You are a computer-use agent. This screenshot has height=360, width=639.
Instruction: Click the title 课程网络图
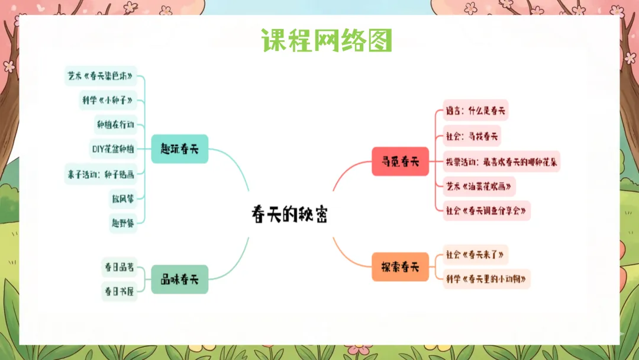pyautogui.click(x=327, y=40)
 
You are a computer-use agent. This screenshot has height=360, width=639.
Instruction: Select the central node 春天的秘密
pyautogui.click(x=289, y=214)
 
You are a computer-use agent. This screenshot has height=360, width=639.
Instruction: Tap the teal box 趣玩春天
pyautogui.click(x=179, y=149)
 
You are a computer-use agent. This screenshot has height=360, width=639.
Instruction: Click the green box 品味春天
pyautogui.click(x=179, y=279)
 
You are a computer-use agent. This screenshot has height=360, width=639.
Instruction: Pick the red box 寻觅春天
pyautogui.click(x=400, y=161)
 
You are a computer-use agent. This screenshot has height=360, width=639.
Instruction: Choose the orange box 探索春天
pyautogui.click(x=400, y=266)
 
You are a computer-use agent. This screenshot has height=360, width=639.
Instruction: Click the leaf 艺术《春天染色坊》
pyautogui.click(x=101, y=76)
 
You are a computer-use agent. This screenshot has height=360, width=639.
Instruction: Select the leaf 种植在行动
pyautogui.click(x=115, y=124)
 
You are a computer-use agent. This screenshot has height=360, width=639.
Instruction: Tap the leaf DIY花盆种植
pyautogui.click(x=113, y=149)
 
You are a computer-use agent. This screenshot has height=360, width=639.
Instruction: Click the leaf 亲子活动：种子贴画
pyautogui.click(x=101, y=173)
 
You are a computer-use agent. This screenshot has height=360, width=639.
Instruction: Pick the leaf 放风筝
pyautogui.click(x=122, y=198)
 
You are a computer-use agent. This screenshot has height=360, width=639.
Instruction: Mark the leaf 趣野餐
pyautogui.click(x=122, y=222)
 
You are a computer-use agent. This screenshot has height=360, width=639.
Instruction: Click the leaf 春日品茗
pyautogui.click(x=119, y=268)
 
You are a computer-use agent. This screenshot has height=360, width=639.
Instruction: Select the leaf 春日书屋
pyautogui.click(x=119, y=291)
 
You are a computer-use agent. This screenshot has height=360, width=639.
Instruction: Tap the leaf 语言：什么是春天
pyautogui.click(x=476, y=110)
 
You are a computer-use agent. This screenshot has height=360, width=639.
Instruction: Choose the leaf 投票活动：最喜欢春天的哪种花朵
pyautogui.click(x=502, y=161)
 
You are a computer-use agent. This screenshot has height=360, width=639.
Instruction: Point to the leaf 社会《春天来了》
pyautogui.click(x=475, y=255)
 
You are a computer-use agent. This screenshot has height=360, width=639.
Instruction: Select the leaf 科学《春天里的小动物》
pyautogui.click(x=486, y=278)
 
